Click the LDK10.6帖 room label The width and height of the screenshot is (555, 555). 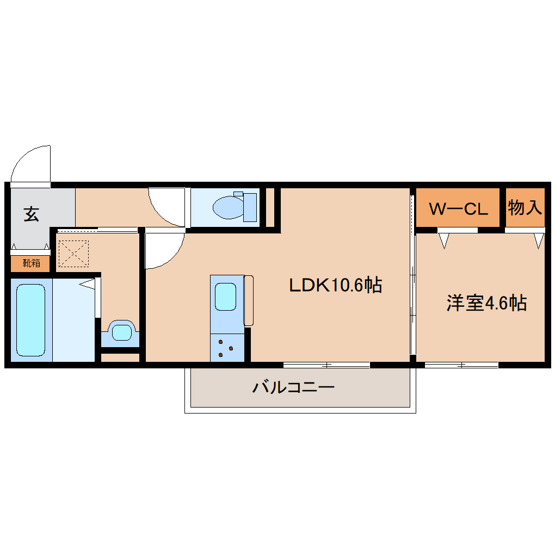coord(335,285)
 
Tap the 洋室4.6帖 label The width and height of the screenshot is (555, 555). coord(486,303)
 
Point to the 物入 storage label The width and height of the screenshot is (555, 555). coord(525,207)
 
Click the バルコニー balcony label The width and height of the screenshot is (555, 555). coord(293,388)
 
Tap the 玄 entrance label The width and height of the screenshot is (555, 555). coord(31,214)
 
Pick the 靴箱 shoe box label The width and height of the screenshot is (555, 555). coord(31,264)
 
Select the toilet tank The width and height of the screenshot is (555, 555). coord(250,207)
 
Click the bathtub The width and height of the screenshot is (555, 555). coord(30,320)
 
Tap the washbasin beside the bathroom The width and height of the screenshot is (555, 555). coord(121,331)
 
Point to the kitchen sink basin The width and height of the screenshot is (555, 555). coord(226,297)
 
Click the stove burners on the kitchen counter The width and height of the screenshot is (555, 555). coord(226,348)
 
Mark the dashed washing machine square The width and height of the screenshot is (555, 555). coord(73,254)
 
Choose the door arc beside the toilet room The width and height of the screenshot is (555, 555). coord(166,207)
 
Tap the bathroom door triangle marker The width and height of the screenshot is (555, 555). coord(88,283)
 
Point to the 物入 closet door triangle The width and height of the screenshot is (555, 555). coord(539,240)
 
